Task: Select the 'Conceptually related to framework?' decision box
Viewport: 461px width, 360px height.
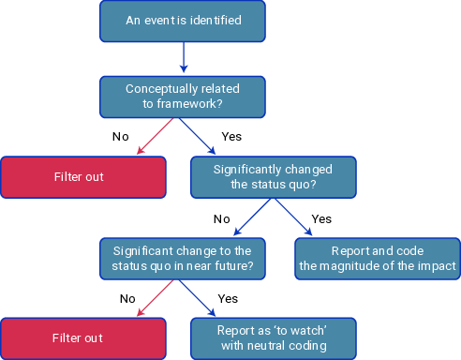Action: (183, 97)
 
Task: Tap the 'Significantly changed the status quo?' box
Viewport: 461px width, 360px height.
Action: (273, 177)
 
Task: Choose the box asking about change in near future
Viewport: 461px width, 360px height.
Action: (183, 258)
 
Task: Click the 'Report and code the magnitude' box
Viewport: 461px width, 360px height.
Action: (378, 258)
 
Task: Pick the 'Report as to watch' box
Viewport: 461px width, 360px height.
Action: (273, 337)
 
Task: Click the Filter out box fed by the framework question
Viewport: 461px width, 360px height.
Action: (83, 177)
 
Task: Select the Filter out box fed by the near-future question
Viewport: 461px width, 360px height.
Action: (83, 337)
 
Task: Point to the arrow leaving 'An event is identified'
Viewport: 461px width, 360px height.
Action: (183, 58)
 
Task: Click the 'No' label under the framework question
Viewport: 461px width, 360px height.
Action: (120, 137)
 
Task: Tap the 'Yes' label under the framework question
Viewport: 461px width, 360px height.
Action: (231, 137)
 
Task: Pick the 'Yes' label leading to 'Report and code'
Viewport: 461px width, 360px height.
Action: (321, 218)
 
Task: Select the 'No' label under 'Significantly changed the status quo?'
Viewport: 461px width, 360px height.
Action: (221, 218)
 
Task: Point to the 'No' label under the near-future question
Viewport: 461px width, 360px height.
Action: (127, 299)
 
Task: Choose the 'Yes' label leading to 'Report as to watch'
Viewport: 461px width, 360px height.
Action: (228, 299)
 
